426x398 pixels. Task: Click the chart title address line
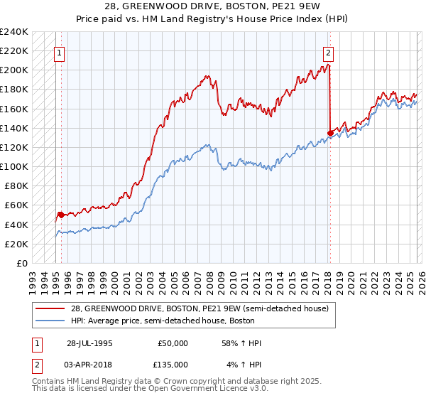(212, 7)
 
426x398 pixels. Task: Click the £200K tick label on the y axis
(14, 70)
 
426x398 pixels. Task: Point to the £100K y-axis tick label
(14, 166)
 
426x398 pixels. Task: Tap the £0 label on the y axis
(21, 263)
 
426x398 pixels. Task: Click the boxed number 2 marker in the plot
(329, 52)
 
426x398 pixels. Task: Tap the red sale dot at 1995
(61, 214)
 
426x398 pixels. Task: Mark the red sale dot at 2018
(330, 132)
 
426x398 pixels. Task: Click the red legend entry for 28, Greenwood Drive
(199, 309)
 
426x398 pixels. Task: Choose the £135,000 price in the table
(173, 365)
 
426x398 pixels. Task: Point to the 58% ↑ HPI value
(242, 343)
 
